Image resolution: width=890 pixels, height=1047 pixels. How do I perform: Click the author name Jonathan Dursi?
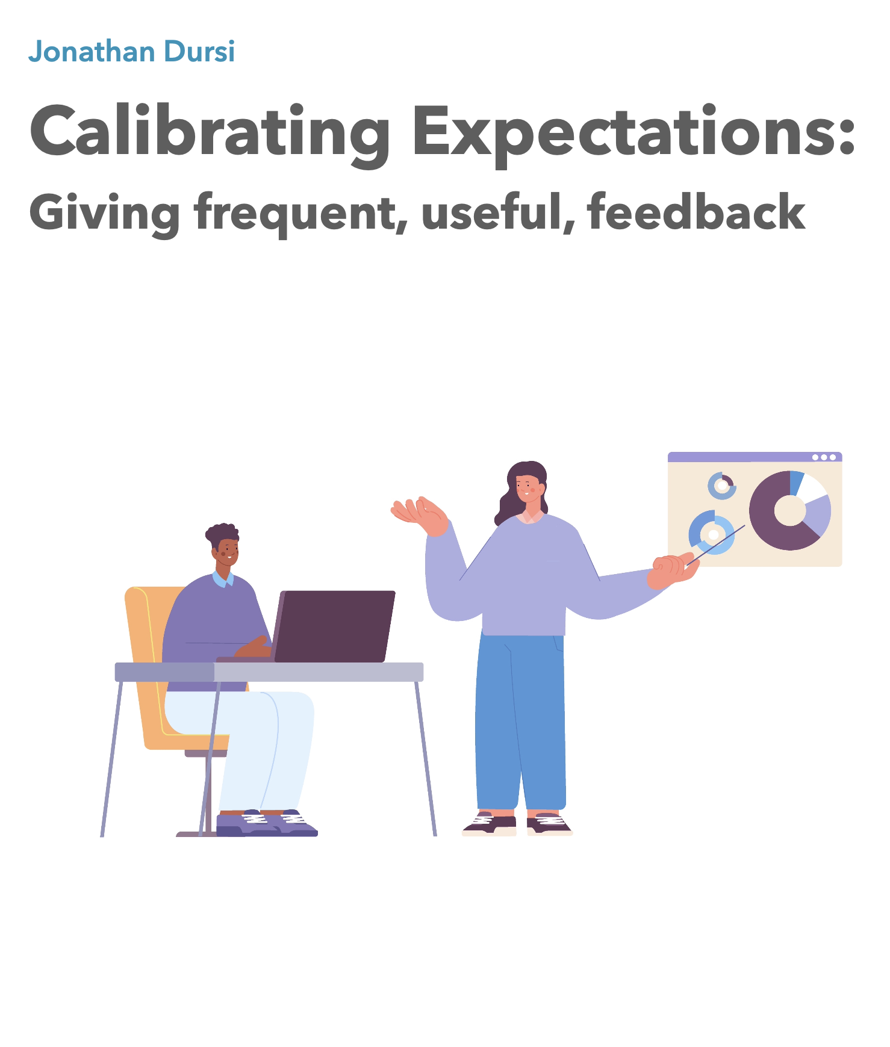pos(131,52)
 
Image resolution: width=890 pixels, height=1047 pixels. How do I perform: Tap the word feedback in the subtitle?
pos(696,211)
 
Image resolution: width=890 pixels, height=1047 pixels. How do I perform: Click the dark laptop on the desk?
pos(332,626)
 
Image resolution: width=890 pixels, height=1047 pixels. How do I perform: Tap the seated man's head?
pos(223,545)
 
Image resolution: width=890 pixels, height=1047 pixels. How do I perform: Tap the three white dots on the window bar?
pos(824,457)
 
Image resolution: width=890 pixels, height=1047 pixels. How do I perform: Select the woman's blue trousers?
pos(520,721)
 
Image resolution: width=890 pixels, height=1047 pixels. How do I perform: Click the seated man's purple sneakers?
pos(267,823)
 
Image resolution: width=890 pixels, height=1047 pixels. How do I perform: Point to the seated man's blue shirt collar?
pos(223,579)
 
